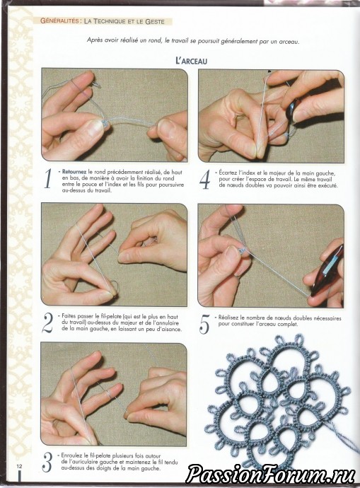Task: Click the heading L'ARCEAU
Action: coord(192,61)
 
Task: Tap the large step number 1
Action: coord(47,179)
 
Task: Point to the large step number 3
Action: coord(47,462)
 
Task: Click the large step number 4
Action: coord(204,180)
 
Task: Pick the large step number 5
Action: coord(204,324)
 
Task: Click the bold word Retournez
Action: coord(74,172)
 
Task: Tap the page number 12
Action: coord(20,466)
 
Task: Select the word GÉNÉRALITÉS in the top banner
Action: coord(59,21)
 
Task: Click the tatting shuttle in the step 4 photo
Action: coord(293,110)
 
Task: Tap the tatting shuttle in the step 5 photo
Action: coord(327,270)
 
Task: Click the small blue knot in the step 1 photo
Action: coord(105,125)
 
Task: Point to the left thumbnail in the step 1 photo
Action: coord(94,127)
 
